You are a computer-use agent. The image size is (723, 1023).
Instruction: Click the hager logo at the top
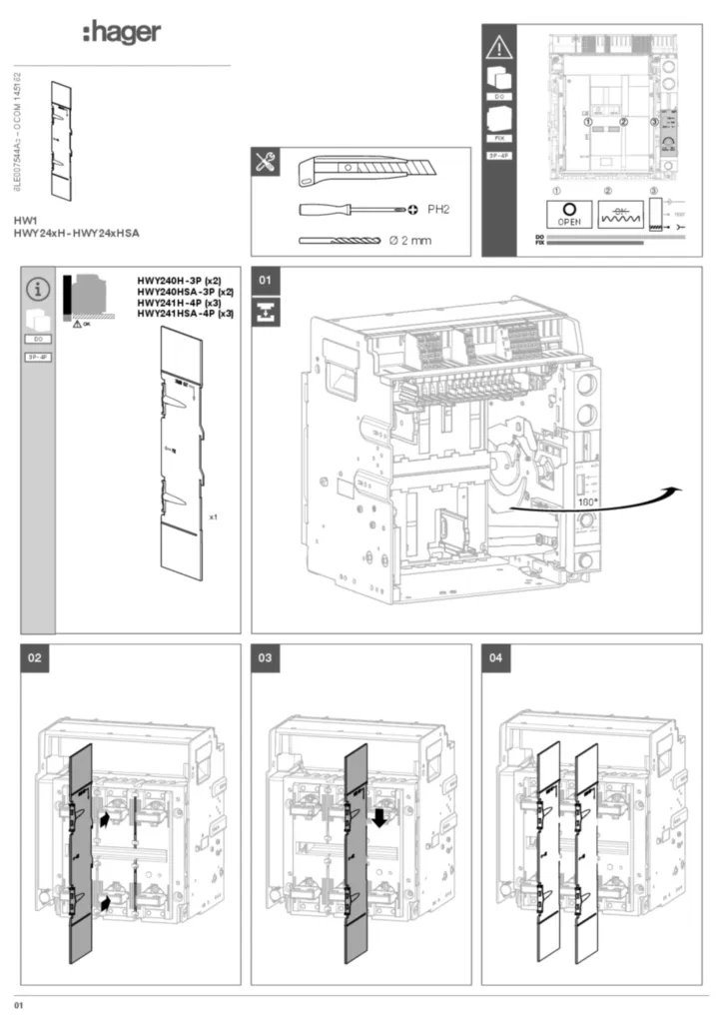point(121,32)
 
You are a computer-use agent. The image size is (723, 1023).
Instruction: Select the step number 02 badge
point(36,659)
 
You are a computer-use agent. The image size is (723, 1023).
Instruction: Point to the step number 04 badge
point(496,659)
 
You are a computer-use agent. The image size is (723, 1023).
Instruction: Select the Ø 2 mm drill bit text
point(410,241)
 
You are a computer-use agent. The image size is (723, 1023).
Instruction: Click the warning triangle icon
point(497,47)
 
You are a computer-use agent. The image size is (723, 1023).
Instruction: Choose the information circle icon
point(37,290)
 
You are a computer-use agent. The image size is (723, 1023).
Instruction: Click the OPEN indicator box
point(568,214)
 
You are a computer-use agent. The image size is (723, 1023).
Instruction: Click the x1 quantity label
point(214,516)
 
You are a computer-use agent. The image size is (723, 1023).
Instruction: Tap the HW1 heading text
point(25,219)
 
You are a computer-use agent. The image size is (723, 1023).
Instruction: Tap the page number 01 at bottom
point(18,1002)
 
